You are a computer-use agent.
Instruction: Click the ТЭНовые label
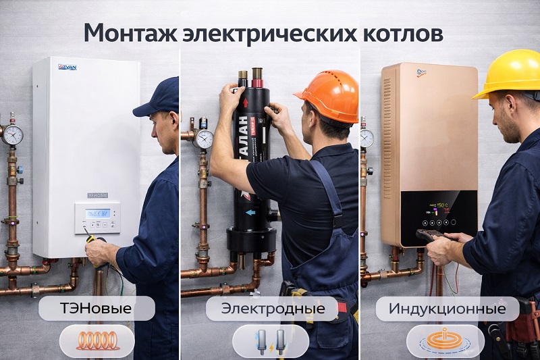coord(97,309)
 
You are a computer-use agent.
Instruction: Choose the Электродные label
coord(273,309)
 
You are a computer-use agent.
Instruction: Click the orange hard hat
coord(328,95)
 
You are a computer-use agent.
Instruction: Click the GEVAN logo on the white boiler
coord(67,66)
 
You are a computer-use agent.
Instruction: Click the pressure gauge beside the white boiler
coord(12,134)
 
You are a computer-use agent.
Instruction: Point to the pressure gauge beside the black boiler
coord(203,138)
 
